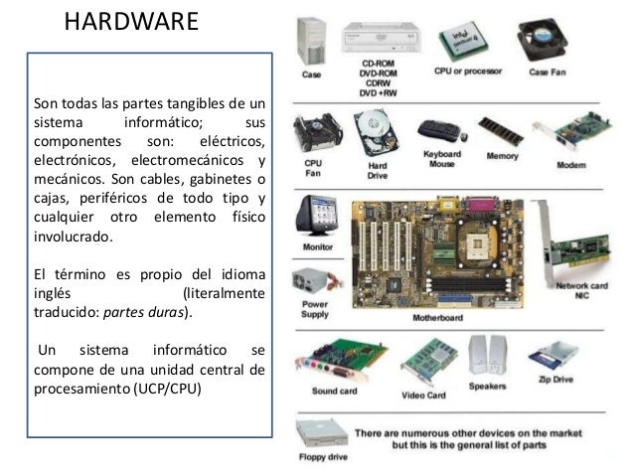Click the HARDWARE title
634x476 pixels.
[x=131, y=22]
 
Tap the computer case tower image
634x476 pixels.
[x=311, y=42]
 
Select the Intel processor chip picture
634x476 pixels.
[x=464, y=41]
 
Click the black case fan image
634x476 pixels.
[x=543, y=39]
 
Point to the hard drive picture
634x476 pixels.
[x=376, y=133]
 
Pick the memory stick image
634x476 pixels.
[x=500, y=132]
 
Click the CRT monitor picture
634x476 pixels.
[x=317, y=216]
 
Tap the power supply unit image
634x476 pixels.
[x=316, y=281]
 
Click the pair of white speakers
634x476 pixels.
[x=488, y=356]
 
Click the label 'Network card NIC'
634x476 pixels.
[x=582, y=291]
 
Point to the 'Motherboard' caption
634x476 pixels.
[x=437, y=318]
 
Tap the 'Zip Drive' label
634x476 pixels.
[x=555, y=380]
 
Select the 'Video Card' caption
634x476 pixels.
[x=423, y=396]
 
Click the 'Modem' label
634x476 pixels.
[x=571, y=165]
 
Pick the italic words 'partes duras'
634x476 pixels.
[x=143, y=313]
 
